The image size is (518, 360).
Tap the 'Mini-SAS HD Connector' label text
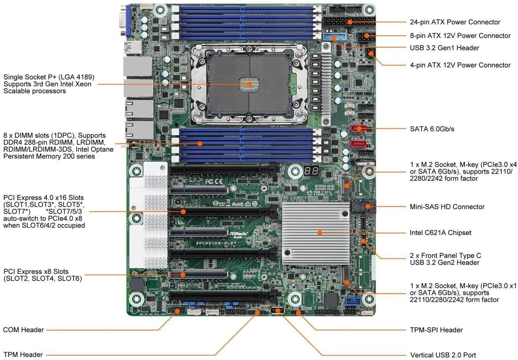(447, 207)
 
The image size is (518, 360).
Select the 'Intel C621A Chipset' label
(440, 233)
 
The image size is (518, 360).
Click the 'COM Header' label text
(23, 330)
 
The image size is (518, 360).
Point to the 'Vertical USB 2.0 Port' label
(443, 355)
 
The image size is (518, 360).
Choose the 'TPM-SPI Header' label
(436, 330)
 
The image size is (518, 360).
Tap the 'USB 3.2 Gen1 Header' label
(444, 48)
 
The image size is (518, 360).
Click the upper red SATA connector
(358, 128)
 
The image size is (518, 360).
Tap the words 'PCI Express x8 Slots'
(36, 272)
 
